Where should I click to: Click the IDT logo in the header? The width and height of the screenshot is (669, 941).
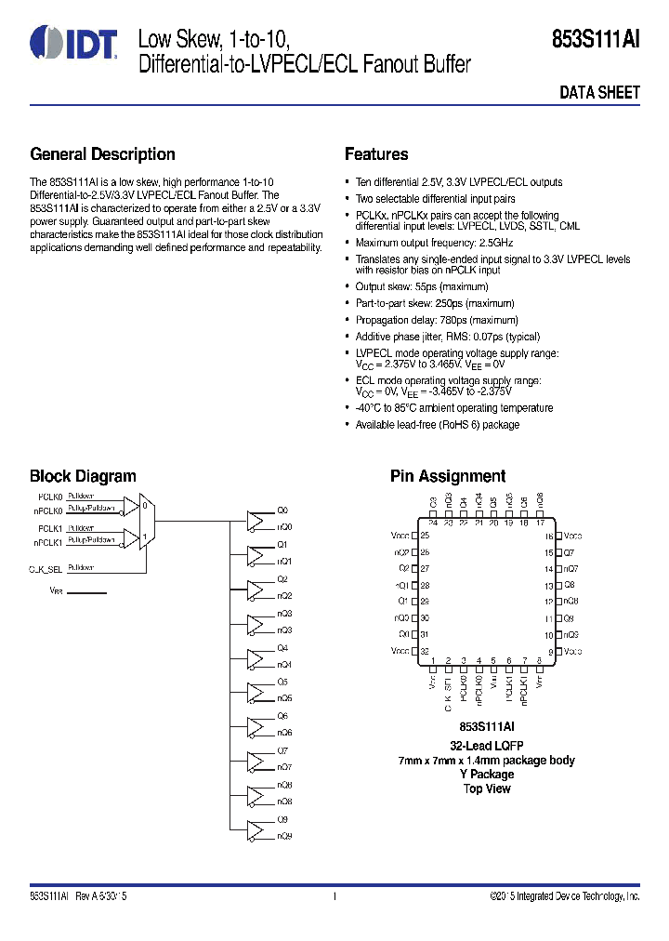point(73,43)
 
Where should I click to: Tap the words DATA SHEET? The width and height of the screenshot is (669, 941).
point(599,93)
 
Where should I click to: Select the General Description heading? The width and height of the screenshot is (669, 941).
point(102,154)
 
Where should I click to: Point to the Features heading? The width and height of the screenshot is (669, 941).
point(376,154)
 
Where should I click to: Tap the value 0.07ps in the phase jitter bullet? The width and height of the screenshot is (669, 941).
point(479,337)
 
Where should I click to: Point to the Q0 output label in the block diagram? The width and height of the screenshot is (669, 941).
point(283,510)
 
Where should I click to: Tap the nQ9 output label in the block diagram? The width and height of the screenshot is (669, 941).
point(284,836)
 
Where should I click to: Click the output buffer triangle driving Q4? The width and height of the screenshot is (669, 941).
point(256,656)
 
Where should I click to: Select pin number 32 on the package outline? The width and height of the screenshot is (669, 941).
point(425,651)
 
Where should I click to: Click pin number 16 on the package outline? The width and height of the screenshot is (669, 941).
point(548,537)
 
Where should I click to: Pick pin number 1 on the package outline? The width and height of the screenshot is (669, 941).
point(433,660)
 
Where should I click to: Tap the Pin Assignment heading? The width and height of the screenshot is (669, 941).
point(448,476)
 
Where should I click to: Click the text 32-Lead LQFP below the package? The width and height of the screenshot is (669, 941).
point(487,746)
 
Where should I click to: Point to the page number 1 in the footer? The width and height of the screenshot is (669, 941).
point(334,896)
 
